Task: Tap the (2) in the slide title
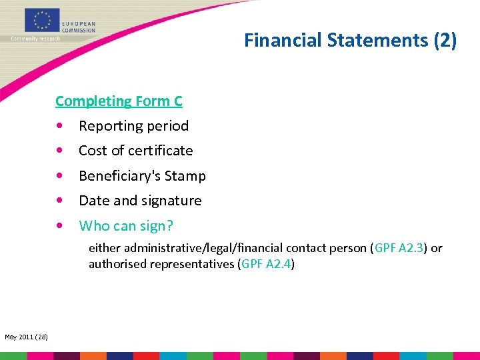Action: [445, 41]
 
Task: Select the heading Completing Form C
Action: [119, 101]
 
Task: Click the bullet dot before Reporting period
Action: [61, 126]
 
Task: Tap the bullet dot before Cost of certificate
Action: [61, 151]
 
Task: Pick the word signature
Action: [170, 201]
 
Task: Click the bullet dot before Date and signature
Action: [61, 201]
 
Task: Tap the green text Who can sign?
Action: [126, 226]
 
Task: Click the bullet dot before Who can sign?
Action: [61, 226]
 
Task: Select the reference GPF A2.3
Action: [399, 248]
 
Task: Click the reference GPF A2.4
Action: [267, 264]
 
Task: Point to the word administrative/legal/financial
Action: [187, 248]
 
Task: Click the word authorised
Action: [117, 264]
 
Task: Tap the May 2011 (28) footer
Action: [26, 337]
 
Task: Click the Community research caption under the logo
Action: [35, 39]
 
